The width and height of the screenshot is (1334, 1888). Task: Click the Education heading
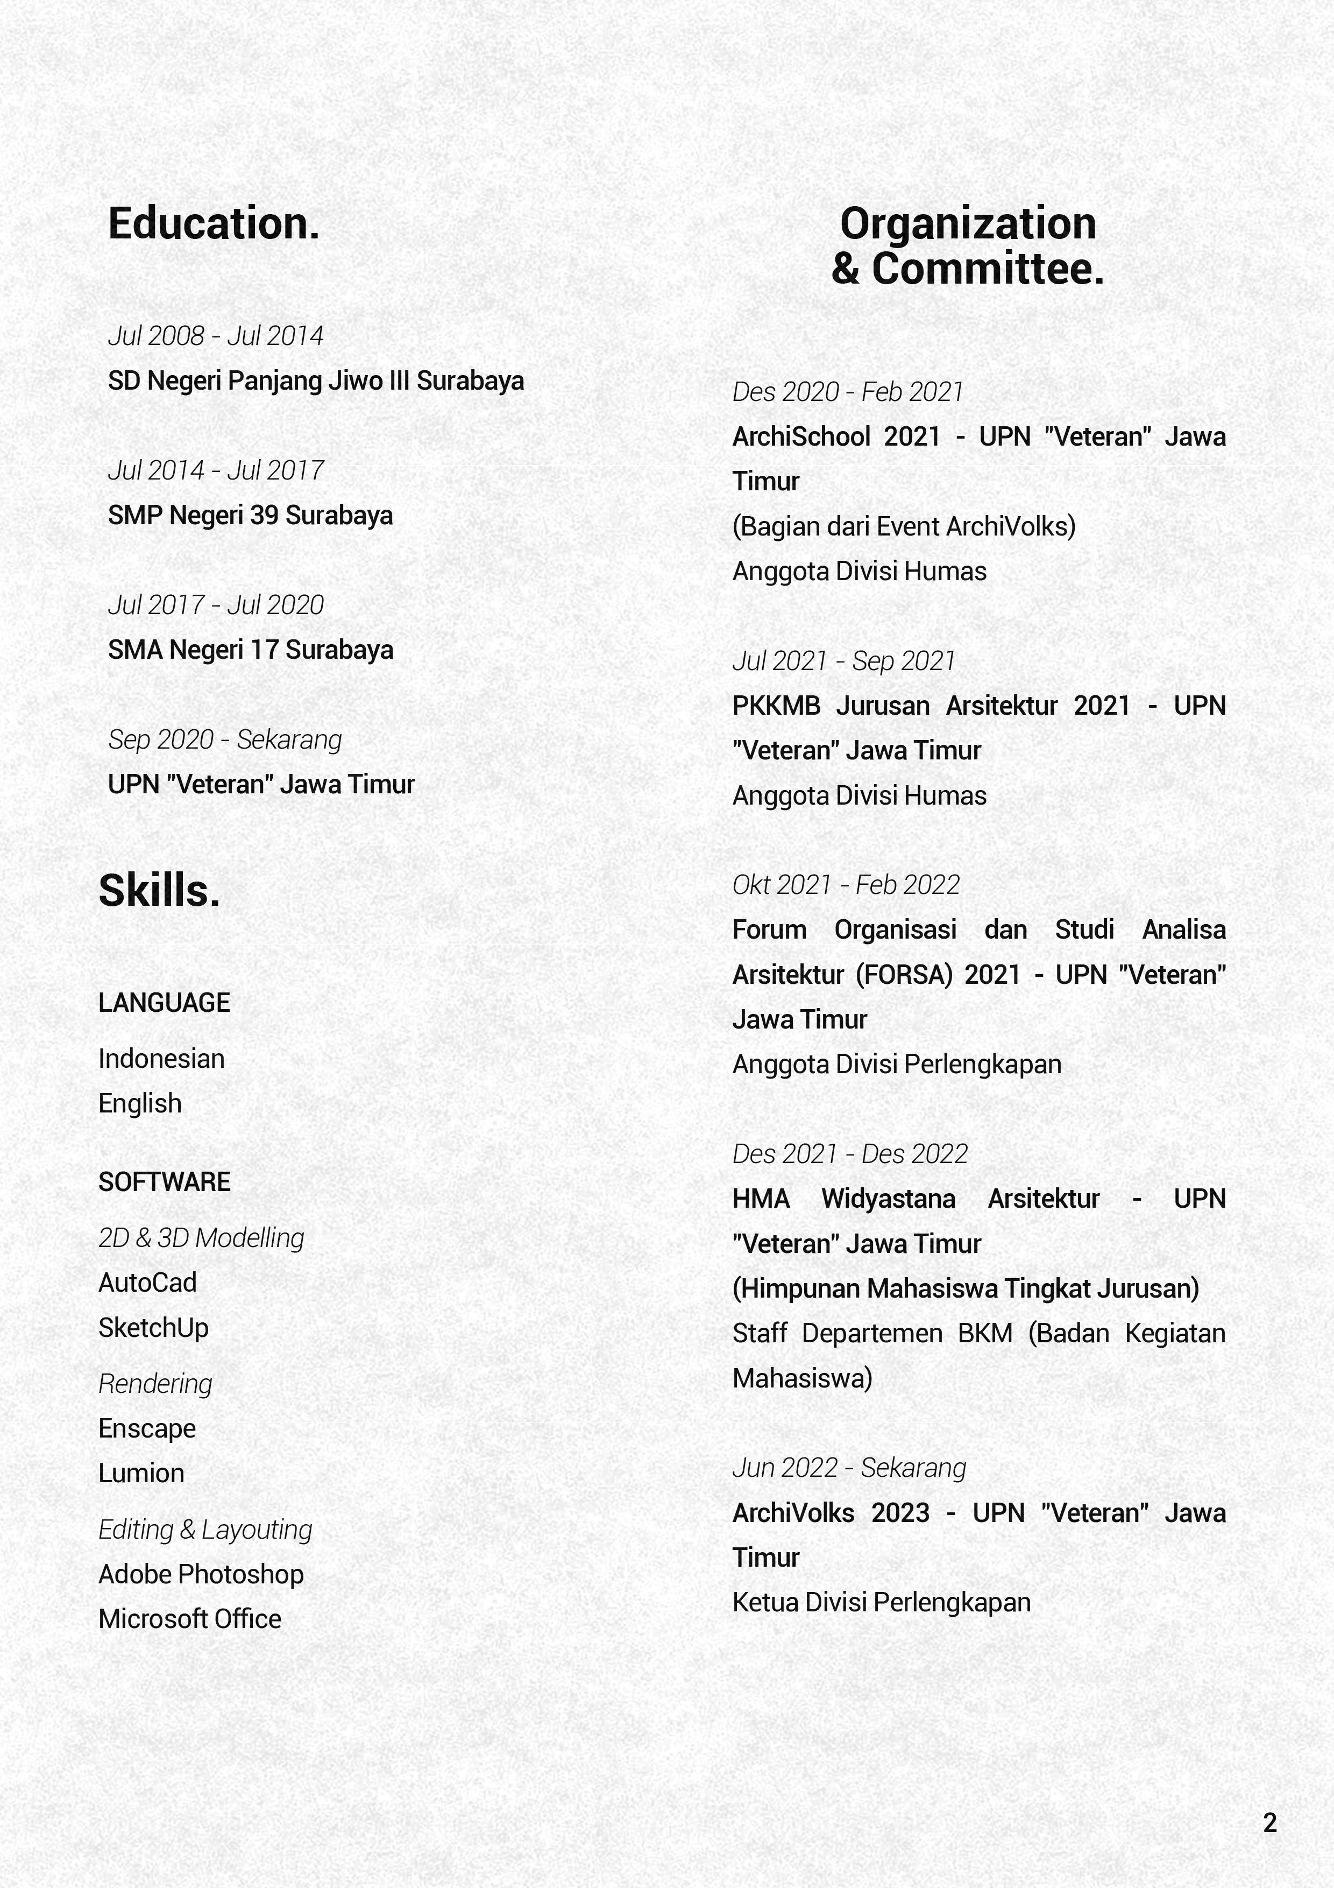(214, 224)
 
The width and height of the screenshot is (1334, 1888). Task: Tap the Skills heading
(159, 891)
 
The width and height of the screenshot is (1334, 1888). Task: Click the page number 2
(1270, 1823)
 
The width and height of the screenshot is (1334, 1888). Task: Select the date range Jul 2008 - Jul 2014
(215, 335)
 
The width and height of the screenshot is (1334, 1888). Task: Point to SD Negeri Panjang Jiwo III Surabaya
(316, 381)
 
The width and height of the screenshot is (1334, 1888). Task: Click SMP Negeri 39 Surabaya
(250, 516)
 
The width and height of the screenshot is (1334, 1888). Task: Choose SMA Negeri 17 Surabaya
(250, 650)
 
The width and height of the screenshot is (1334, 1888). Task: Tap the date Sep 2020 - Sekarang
(224, 739)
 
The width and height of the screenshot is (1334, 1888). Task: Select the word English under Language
(140, 1103)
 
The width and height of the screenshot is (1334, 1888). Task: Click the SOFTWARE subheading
(165, 1182)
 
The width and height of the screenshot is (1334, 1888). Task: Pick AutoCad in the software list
(147, 1283)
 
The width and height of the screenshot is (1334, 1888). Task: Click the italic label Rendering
(155, 1383)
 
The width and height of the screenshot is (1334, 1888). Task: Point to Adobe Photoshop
(201, 1574)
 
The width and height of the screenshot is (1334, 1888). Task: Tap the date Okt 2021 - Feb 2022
(846, 885)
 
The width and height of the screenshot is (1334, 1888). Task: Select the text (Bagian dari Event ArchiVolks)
(903, 526)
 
